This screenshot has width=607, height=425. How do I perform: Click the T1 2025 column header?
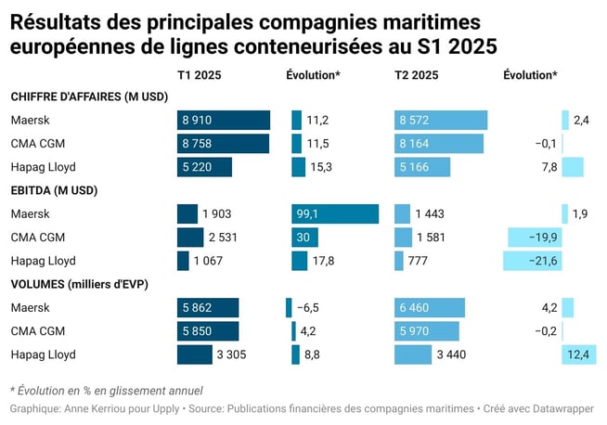click(x=199, y=75)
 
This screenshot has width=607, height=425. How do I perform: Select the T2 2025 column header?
click(x=417, y=75)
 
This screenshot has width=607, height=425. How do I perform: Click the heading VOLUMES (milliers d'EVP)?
click(x=80, y=284)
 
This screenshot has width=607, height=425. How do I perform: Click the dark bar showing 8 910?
click(x=223, y=120)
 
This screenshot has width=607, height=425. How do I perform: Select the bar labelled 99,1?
click(x=335, y=214)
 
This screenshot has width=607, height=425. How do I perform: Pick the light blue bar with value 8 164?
click(x=439, y=144)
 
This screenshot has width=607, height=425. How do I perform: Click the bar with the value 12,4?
click(x=573, y=354)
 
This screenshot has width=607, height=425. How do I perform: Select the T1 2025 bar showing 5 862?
click(x=207, y=308)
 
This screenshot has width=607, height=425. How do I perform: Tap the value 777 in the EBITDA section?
click(x=418, y=261)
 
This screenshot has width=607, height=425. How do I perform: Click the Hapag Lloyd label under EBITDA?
click(x=43, y=261)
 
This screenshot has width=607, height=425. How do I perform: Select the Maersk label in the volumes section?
click(x=30, y=308)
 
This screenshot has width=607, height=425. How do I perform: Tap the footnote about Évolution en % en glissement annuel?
click(x=106, y=390)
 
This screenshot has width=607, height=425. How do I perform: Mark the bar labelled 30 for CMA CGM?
click(x=303, y=238)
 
